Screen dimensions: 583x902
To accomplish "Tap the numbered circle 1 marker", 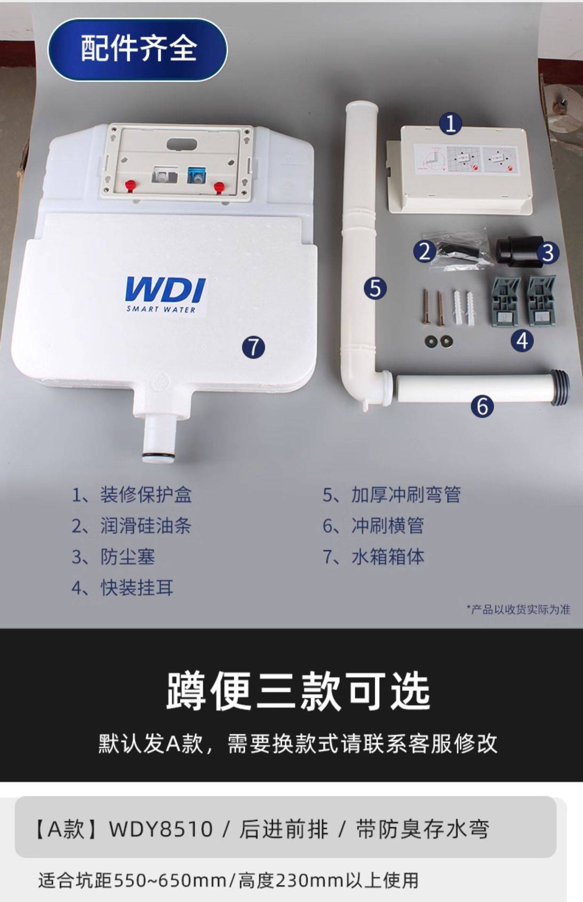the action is [450, 124].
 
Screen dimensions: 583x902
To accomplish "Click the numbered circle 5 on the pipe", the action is [375, 288].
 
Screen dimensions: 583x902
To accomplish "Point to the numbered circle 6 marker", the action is [482, 406].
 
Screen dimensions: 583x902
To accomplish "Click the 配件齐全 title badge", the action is [138, 49].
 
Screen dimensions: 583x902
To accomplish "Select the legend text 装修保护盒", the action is [146, 495].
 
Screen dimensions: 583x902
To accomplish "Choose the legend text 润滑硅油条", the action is [146, 526].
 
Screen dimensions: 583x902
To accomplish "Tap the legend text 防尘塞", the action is [127, 557].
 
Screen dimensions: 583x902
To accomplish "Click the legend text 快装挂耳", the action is [137, 588].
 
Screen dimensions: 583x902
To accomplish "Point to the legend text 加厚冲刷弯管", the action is [406, 495].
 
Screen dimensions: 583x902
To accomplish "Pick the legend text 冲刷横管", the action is [388, 526].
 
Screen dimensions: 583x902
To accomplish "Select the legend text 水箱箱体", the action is [388, 557].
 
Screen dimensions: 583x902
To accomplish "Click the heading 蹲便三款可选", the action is [298, 692].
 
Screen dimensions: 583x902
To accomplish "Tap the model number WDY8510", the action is [161, 829].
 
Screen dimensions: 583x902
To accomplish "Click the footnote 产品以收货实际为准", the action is [520, 609].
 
